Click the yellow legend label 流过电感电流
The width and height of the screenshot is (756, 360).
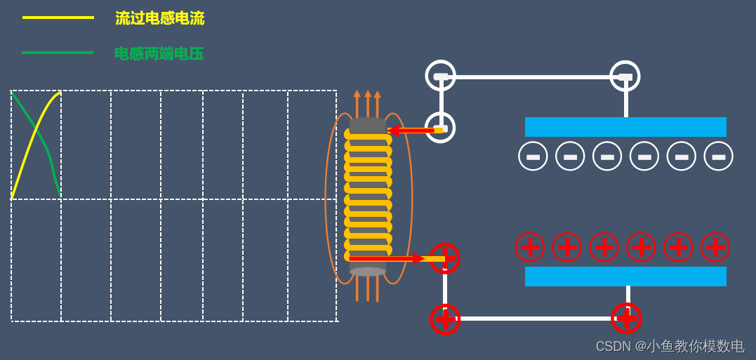[x=159, y=18]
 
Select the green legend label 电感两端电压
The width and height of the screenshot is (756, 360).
[x=159, y=53]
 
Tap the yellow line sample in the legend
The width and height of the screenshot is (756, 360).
[x=58, y=18]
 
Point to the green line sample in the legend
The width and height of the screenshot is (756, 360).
[x=58, y=53]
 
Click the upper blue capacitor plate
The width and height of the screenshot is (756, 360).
[x=625, y=127]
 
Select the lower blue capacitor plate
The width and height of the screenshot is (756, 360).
[x=625, y=276]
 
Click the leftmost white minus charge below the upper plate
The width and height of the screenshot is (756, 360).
[x=533, y=156]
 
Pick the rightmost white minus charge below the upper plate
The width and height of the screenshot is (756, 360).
[x=718, y=156]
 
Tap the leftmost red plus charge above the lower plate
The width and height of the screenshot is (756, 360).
[x=530, y=247]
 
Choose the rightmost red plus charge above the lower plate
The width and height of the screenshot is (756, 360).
[x=715, y=247]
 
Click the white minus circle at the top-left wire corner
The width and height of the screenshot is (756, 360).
[x=440, y=76]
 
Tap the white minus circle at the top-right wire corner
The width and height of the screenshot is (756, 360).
[x=625, y=76]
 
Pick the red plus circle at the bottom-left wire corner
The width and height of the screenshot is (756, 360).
[x=445, y=319]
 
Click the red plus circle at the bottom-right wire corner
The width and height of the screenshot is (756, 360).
[x=626, y=318]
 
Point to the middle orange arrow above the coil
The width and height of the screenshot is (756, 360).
[x=368, y=103]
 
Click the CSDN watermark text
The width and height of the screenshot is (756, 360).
[x=670, y=346]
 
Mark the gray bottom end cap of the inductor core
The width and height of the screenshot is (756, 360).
[x=368, y=272]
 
